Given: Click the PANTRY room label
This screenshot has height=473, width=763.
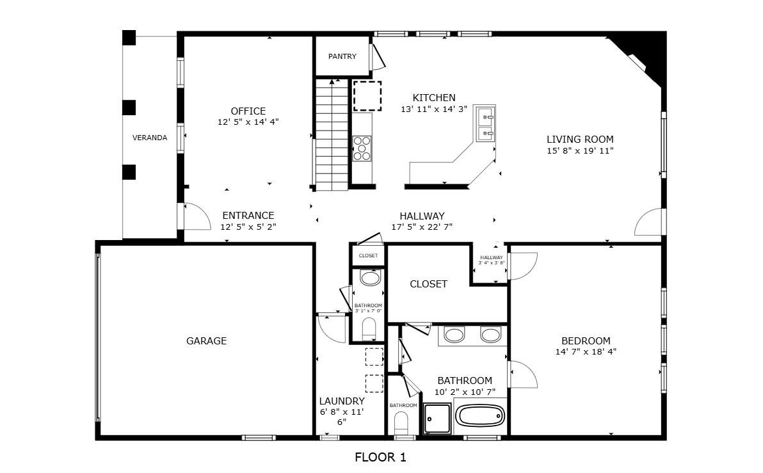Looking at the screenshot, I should (342, 56).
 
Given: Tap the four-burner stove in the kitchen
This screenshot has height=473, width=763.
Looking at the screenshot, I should (362, 148).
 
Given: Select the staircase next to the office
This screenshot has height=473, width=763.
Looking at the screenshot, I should (332, 134).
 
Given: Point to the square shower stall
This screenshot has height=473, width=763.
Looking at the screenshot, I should (437, 419).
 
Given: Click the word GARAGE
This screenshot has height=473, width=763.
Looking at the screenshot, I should (206, 341).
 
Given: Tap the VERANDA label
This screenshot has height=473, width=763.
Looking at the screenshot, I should (149, 138).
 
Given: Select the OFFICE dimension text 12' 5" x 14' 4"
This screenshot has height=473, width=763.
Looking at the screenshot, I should (248, 122).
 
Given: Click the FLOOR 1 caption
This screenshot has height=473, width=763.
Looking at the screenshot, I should (380, 457).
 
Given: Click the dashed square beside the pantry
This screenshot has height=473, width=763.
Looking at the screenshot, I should (367, 96).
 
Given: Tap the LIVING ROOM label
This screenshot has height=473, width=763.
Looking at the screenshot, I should (580, 139).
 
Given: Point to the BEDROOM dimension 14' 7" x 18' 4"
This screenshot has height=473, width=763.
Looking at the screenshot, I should (586, 351).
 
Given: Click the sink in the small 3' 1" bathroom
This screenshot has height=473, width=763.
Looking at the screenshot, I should (369, 277).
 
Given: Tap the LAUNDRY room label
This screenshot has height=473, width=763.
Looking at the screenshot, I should (342, 401).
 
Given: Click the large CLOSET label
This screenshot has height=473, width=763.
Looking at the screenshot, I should (428, 284).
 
